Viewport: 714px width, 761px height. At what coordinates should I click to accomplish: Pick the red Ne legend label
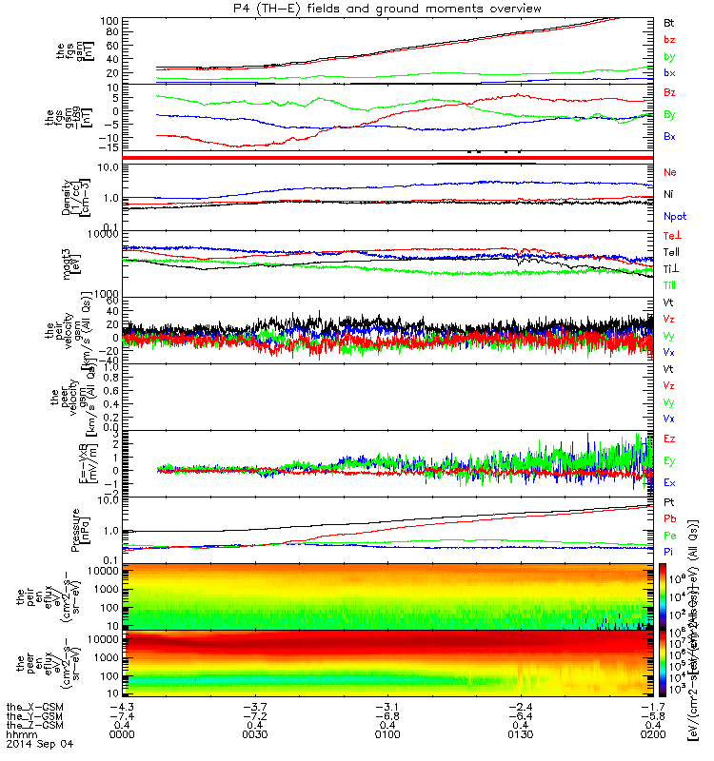(x=670, y=173)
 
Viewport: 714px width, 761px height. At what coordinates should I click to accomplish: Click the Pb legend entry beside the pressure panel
(x=670, y=518)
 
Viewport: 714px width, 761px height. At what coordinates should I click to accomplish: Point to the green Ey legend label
(x=669, y=460)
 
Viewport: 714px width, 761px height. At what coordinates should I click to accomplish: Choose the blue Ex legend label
(x=669, y=483)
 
